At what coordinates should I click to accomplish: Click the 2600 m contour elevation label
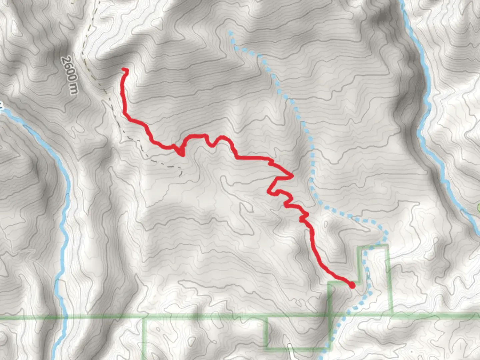(70, 75)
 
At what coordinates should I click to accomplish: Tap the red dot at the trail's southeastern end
(352, 285)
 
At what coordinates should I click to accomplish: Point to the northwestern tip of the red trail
(124, 69)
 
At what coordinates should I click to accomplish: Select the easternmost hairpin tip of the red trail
(292, 176)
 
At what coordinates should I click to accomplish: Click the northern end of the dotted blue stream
(230, 32)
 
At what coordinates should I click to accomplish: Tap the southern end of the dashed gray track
(181, 174)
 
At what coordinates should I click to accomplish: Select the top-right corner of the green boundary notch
(388, 246)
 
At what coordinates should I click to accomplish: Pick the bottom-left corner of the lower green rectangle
(268, 348)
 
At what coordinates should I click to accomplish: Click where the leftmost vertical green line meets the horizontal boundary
(144, 318)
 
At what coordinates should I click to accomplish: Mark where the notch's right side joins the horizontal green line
(391, 315)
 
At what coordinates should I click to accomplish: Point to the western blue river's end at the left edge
(1, 110)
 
